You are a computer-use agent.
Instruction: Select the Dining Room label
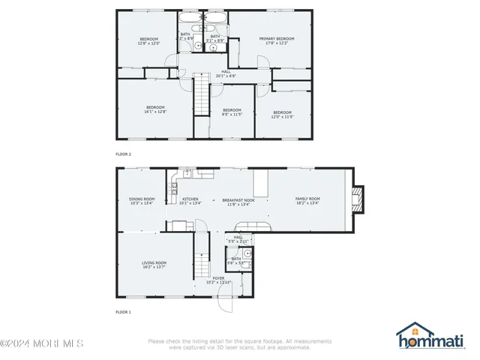click(141, 199)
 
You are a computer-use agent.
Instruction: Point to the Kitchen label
click(190, 199)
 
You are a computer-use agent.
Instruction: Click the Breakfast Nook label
click(238, 199)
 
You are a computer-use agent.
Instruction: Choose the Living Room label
click(154, 262)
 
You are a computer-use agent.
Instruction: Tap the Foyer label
click(218, 277)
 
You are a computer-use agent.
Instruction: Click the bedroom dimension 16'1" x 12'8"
click(155, 112)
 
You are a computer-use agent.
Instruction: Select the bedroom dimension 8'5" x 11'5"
click(232, 115)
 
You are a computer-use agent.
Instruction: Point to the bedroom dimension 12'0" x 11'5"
click(282, 116)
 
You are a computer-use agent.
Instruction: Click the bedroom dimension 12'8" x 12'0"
click(148, 43)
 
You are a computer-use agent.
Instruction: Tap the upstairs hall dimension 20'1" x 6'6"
click(226, 76)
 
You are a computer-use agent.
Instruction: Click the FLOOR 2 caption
click(123, 154)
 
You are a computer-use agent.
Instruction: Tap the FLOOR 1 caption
click(123, 311)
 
